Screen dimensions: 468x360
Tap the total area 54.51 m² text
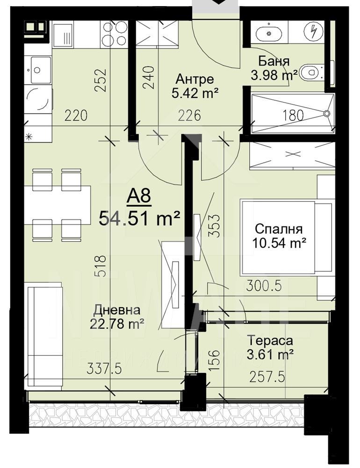click(139, 218)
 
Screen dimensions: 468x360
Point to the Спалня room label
click(278, 229)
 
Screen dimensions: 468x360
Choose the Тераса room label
click(270, 341)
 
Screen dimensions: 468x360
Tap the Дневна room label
click(116, 310)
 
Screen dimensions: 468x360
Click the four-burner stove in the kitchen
click(114, 34)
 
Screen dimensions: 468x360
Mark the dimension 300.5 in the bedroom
click(264, 285)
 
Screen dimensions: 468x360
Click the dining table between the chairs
click(57, 205)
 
